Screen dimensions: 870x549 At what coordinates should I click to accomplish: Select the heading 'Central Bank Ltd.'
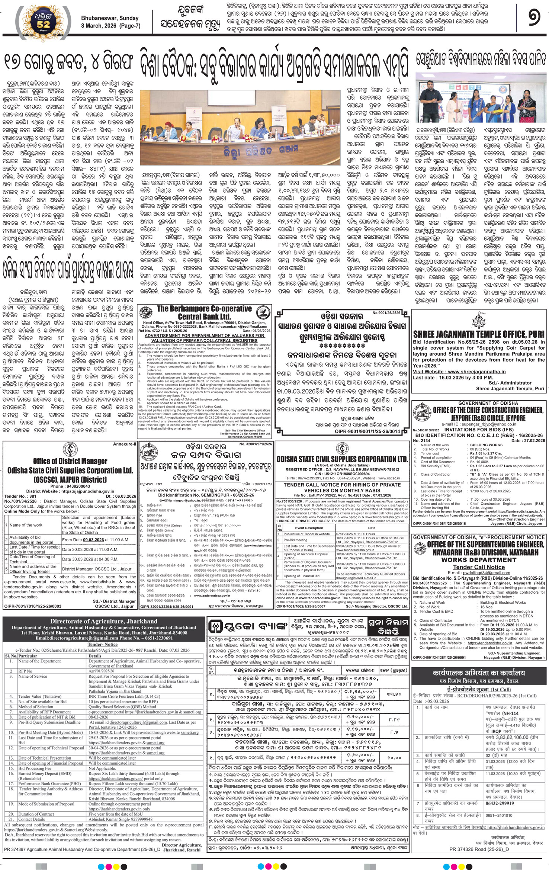[204, 316]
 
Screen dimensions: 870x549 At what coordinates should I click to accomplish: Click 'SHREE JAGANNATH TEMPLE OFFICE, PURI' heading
[478, 334]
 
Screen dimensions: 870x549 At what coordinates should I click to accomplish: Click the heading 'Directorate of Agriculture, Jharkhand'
[104, 621]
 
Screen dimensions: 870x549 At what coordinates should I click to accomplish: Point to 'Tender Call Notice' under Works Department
[479, 567]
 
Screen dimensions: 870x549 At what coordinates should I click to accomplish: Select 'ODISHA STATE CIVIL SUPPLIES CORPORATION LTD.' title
[342, 459]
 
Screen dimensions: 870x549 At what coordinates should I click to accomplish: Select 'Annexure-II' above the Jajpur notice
[125, 444]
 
